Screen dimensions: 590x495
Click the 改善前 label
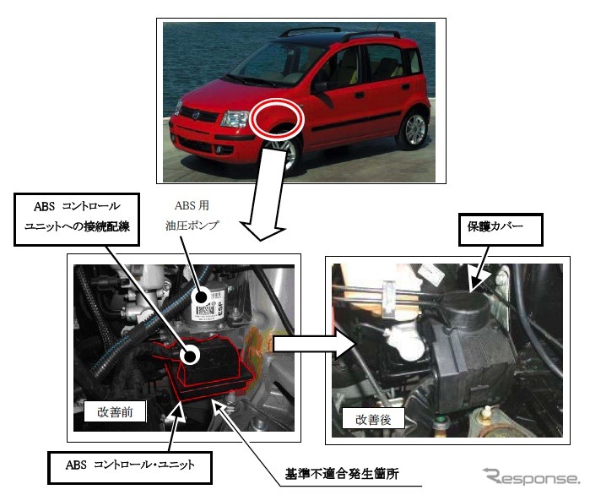click(115, 411)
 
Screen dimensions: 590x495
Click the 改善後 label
click(373, 419)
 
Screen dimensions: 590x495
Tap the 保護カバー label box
click(501, 230)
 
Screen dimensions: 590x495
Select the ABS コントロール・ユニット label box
click(130, 467)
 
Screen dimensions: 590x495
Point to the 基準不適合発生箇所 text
click(342, 474)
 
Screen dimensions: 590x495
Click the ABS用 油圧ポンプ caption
click(192, 215)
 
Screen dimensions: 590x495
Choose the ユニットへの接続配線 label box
click(77, 220)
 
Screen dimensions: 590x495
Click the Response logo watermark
click(531, 477)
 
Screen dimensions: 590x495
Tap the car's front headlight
click(235, 118)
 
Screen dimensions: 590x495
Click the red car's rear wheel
click(414, 129)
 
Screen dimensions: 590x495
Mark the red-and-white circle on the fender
click(278, 118)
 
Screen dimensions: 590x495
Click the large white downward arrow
click(267, 193)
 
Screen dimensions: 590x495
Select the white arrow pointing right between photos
click(315, 344)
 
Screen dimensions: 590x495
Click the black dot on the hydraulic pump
click(203, 296)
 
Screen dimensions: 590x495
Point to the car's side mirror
click(320, 87)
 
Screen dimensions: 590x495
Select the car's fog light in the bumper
click(219, 150)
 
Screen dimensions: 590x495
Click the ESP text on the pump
click(221, 308)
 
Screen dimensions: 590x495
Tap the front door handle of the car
click(360, 95)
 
